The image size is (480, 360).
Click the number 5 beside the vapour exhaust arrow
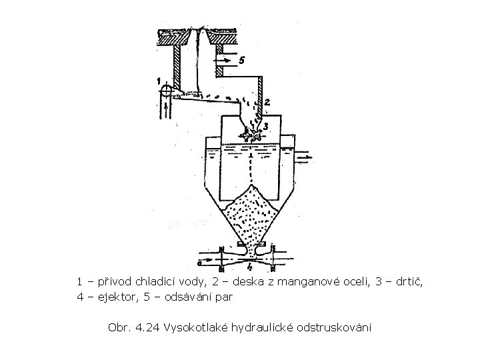click(241, 60)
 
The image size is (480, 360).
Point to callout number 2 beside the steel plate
click(266, 103)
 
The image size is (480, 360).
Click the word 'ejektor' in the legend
click(113, 297)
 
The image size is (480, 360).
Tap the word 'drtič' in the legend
click(410, 282)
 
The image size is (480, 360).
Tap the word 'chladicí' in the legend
click(164, 282)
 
